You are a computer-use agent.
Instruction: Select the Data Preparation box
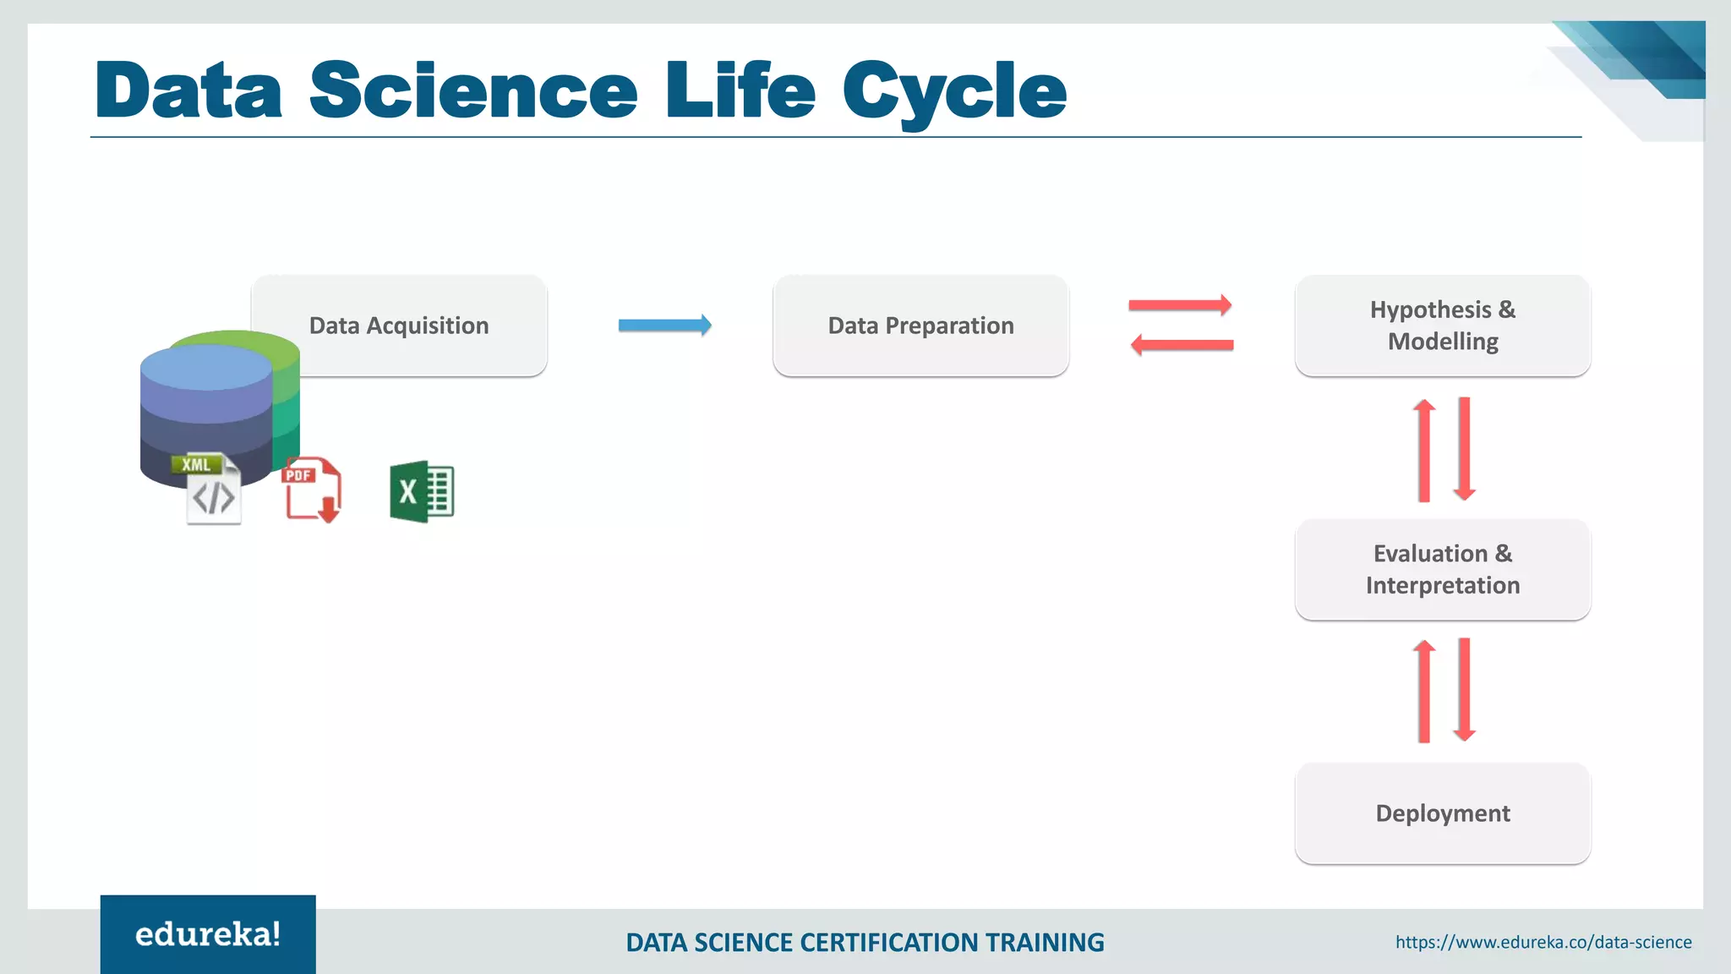920,326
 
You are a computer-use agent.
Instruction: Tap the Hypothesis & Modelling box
1442,326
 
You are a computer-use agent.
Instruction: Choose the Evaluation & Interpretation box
1442,569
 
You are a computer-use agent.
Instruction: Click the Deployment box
1442,813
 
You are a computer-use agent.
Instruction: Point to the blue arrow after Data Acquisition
664,325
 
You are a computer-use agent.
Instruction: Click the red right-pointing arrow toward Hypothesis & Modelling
1180,305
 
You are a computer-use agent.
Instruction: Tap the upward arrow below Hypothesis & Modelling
1424,450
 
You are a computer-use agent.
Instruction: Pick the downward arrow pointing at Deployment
1465,690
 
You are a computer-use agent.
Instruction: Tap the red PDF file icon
311,490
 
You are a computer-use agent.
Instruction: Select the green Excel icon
421,491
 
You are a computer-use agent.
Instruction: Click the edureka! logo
208,934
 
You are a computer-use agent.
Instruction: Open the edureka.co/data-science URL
1543,942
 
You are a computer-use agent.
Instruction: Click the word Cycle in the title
954,90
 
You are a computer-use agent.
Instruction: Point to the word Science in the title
473,90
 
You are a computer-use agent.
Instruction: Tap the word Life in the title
740,90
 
